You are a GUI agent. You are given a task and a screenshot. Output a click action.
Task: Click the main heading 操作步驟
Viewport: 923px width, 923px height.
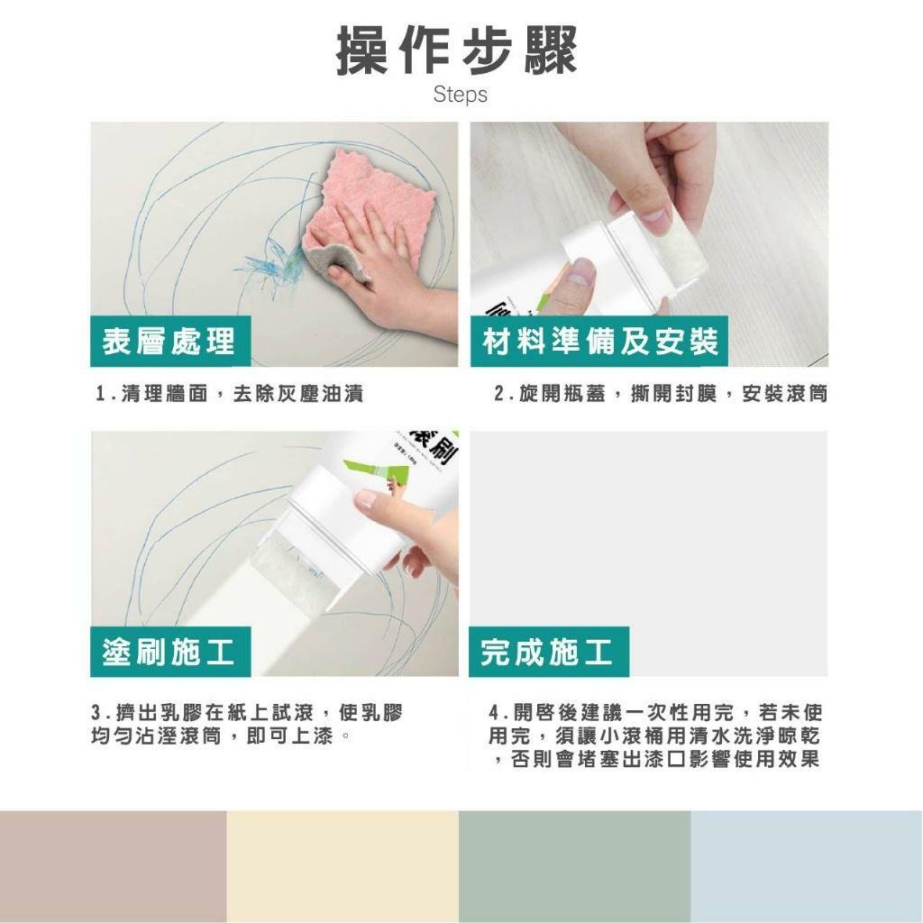click(x=457, y=50)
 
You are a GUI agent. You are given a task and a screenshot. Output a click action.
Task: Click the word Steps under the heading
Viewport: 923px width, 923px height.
click(x=461, y=94)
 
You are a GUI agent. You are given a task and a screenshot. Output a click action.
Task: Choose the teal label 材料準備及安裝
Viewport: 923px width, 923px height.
click(x=599, y=342)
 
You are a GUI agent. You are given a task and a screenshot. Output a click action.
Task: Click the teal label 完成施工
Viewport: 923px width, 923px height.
click(x=548, y=652)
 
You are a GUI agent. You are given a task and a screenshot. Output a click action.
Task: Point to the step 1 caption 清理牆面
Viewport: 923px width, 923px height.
click(x=230, y=393)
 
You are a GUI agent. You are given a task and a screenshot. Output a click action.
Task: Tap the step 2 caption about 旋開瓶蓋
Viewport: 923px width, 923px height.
click(x=661, y=393)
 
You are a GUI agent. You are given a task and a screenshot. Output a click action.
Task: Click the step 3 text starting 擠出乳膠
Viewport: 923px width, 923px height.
click(x=247, y=724)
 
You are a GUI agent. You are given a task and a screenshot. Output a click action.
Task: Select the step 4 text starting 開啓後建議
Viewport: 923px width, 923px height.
click(x=655, y=736)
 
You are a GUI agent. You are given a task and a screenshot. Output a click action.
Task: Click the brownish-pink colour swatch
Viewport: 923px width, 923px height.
click(x=113, y=866)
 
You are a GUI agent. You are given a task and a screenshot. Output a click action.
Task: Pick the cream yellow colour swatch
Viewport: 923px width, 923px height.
click(x=343, y=866)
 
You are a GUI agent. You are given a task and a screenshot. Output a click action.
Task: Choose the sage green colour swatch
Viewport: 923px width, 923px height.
click(x=574, y=866)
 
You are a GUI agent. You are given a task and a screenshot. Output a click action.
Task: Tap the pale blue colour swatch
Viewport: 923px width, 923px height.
click(x=807, y=866)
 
